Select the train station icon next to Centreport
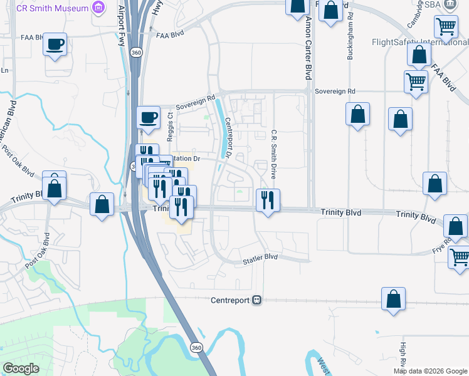pyautogui.click(x=256, y=300)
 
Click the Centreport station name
pyautogui.click(x=230, y=300)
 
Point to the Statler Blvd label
pyautogui.click(x=260, y=258)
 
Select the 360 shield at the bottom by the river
pyautogui.click(x=197, y=347)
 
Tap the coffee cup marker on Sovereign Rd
pyautogui.click(x=149, y=118)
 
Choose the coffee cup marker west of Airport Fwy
pyautogui.click(x=55, y=45)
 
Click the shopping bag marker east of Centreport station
pyautogui.click(x=393, y=300)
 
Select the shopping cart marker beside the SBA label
pyautogui.click(x=446, y=27)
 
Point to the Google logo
pyautogui.click(x=21, y=368)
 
